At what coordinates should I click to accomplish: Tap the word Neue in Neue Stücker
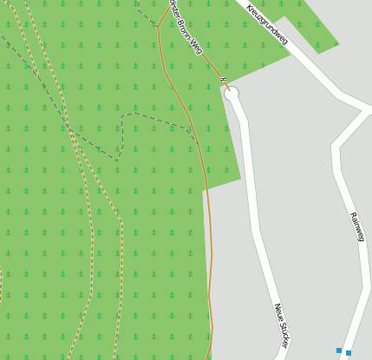[278, 311]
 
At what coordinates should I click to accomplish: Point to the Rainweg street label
[356, 226]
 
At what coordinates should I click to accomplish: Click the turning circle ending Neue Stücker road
[232, 94]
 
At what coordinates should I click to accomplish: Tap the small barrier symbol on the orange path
[222, 81]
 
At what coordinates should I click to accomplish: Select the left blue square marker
[339, 350]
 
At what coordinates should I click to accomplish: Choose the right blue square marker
[349, 353]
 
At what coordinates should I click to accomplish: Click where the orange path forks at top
[159, 25]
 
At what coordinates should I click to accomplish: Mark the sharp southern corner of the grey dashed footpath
[117, 160]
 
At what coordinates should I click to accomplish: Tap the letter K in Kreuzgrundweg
[249, 7]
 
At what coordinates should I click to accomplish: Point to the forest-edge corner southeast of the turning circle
[240, 180]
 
